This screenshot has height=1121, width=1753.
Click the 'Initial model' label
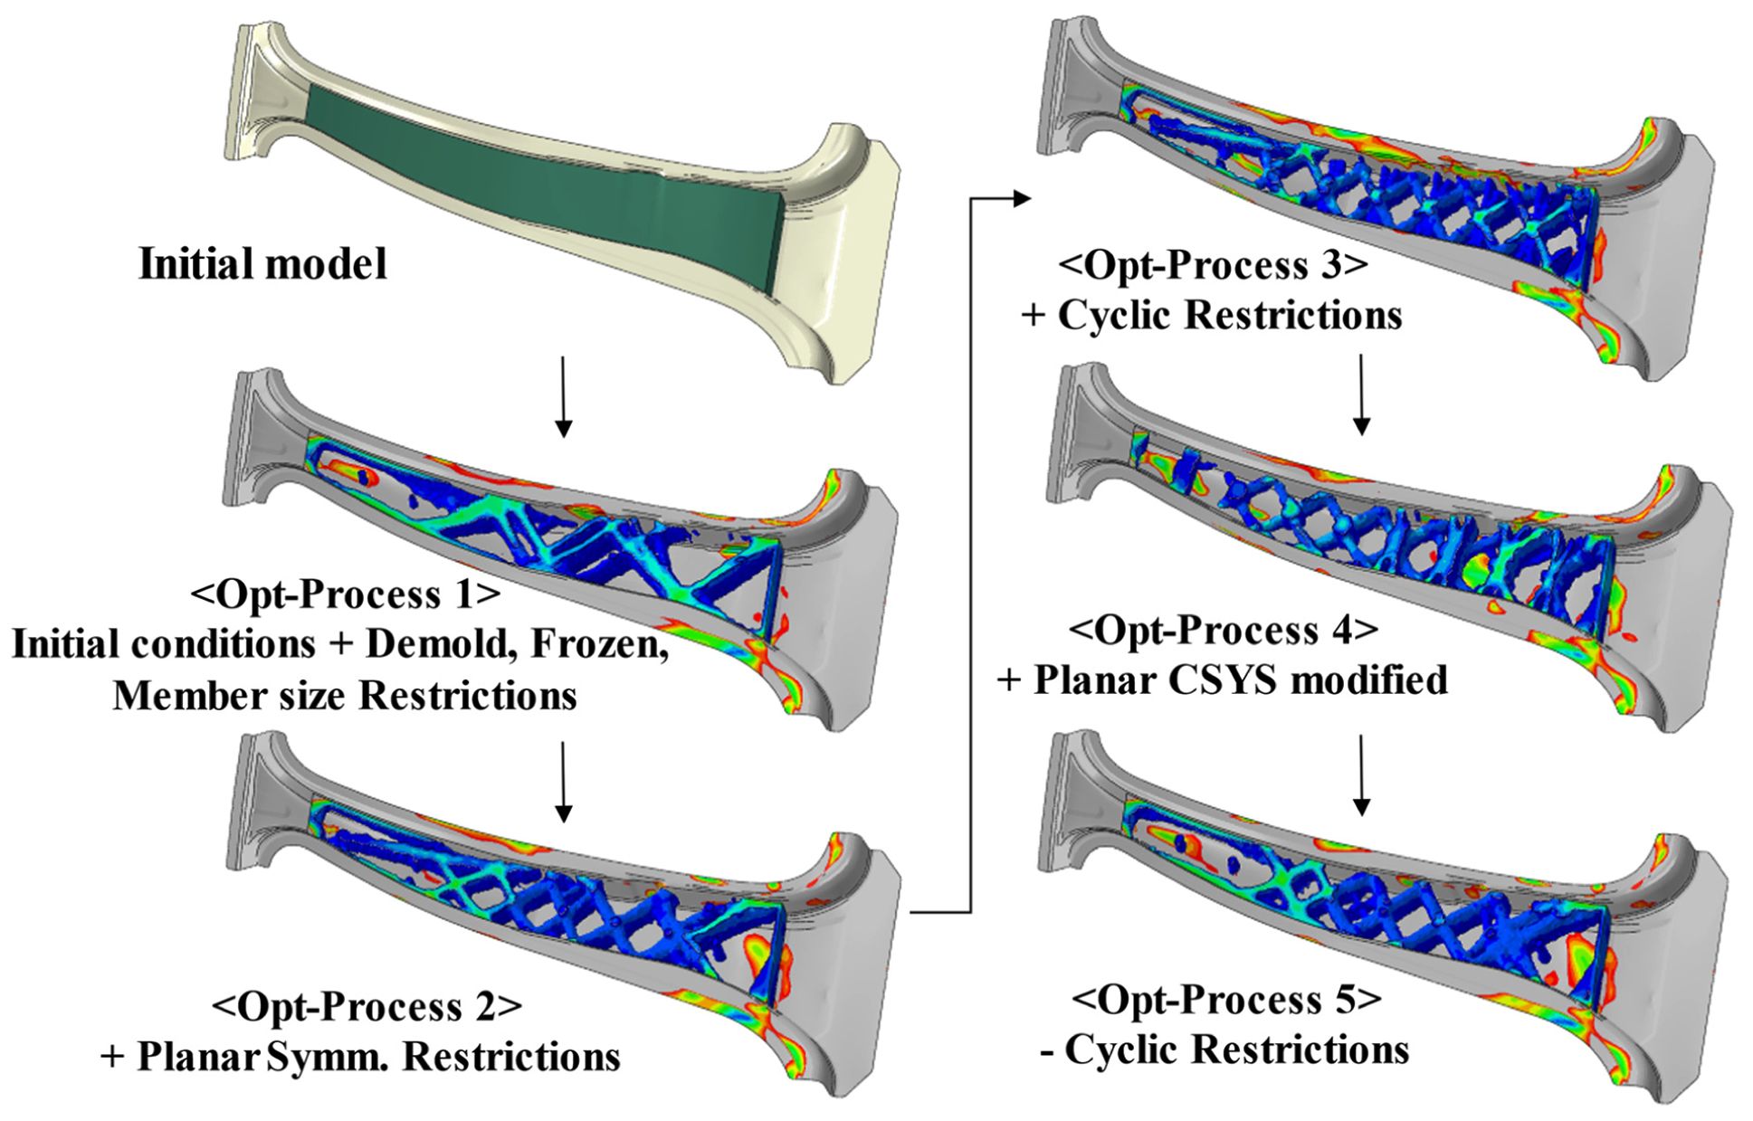click(x=262, y=264)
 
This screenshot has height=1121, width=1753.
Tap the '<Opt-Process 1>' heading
click(x=345, y=594)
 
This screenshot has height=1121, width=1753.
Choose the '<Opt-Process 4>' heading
click(x=1224, y=630)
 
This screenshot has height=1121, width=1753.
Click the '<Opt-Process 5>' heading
click(x=1227, y=1000)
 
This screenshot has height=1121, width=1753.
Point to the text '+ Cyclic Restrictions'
click(x=1213, y=316)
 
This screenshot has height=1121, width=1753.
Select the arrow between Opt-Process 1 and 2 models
click(x=563, y=782)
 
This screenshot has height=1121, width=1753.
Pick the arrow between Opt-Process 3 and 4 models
click(x=1360, y=394)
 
